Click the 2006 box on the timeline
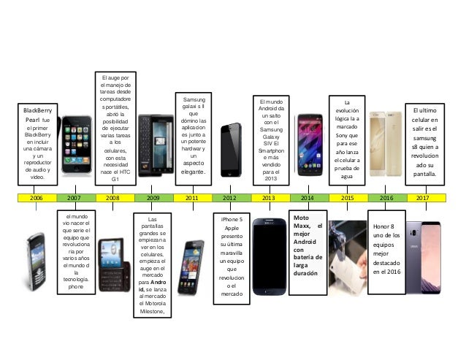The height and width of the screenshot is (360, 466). click(37, 197)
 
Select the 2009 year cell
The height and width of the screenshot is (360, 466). click(153, 197)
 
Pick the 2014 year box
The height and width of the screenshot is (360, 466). click(308, 197)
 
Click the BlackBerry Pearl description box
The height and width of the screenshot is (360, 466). click(37, 143)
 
